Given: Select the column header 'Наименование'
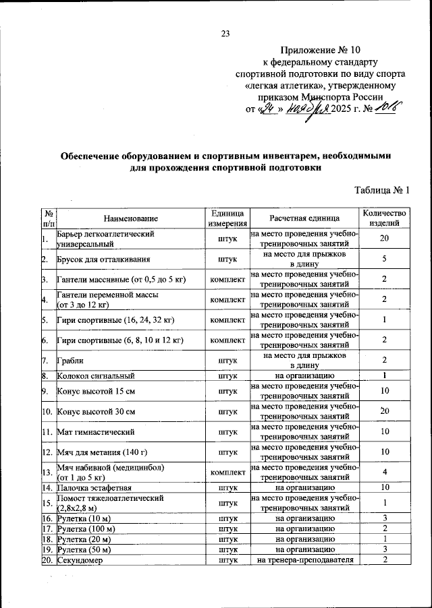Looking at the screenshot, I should click(x=131, y=218).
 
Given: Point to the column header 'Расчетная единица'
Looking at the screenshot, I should click(x=304, y=218).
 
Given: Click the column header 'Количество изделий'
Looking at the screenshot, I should click(x=384, y=218).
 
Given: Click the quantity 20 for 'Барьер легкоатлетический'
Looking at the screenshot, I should click(x=384, y=239).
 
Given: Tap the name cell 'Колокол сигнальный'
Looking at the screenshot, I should click(x=97, y=375).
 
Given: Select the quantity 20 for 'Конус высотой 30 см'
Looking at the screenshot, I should click(x=384, y=411).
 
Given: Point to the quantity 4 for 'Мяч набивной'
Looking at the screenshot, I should click(x=384, y=472).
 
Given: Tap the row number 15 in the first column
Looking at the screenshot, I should click(x=47, y=502).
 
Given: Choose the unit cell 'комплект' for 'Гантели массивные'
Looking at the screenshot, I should click(x=227, y=279).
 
